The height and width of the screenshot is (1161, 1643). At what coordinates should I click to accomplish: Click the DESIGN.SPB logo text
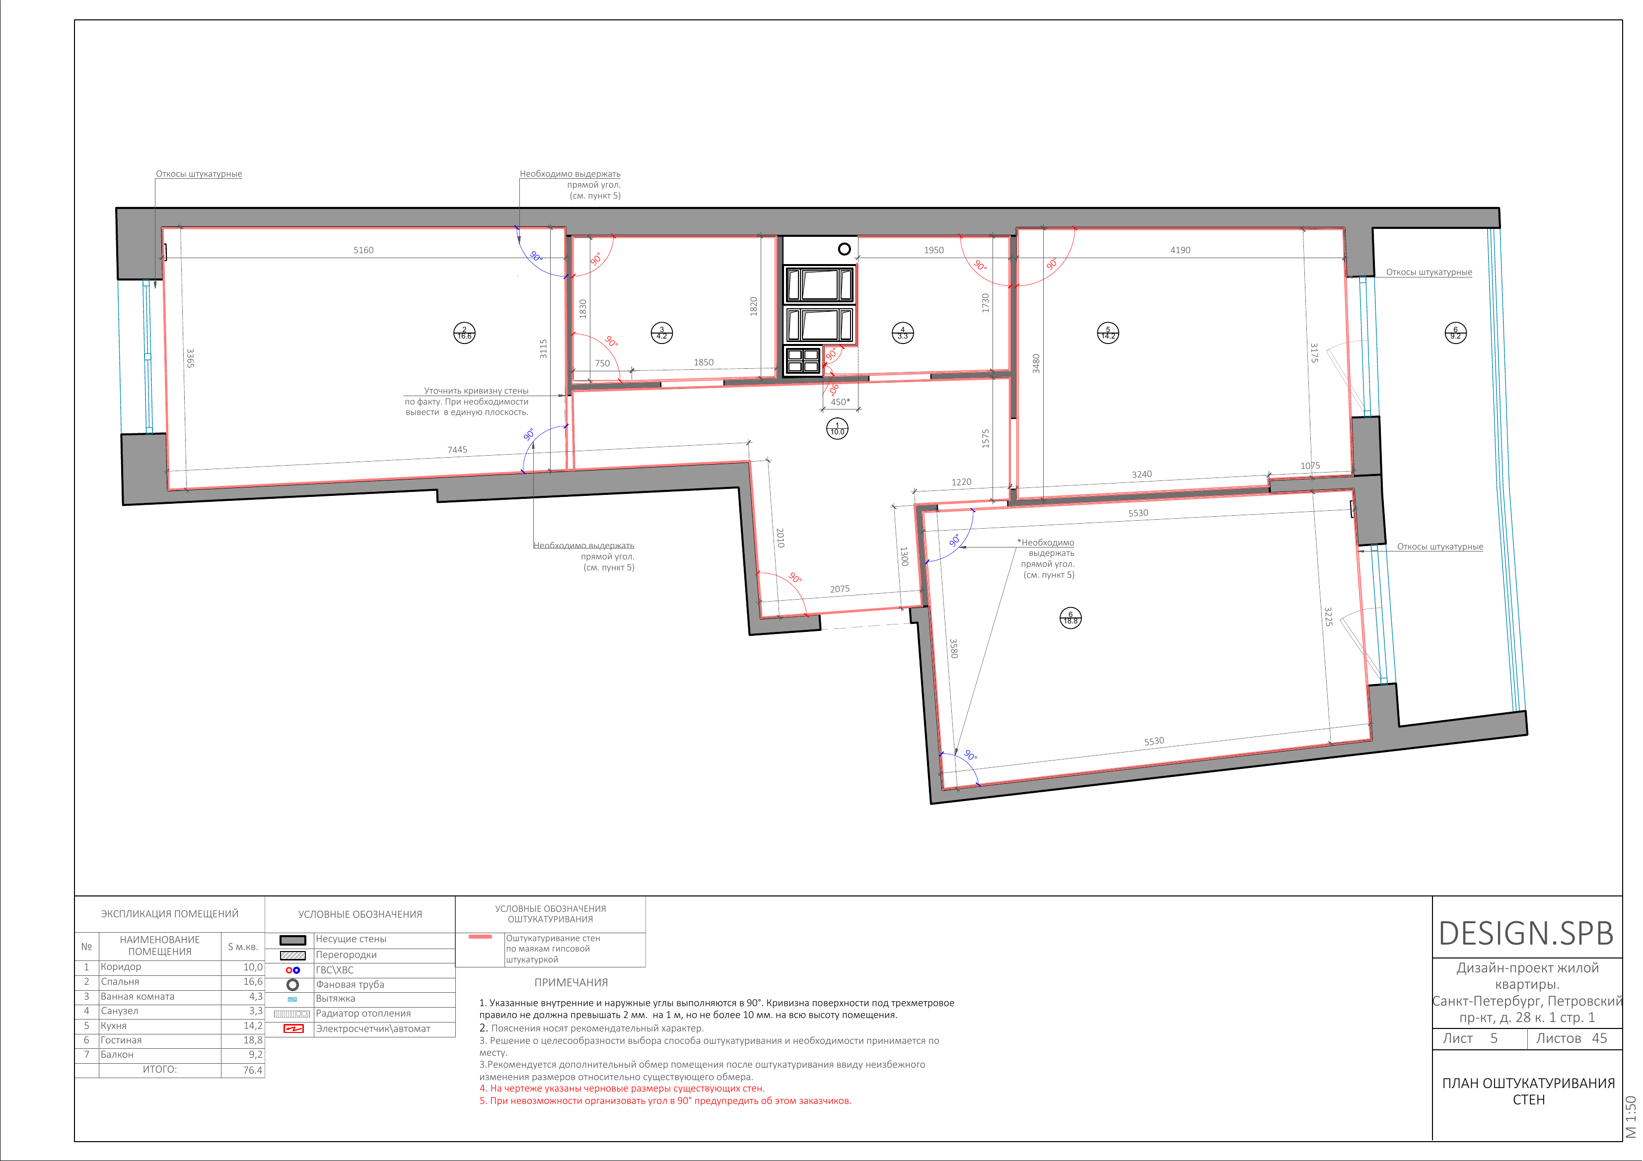point(1526,934)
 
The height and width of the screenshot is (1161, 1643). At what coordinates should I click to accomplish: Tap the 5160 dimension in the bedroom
point(363,250)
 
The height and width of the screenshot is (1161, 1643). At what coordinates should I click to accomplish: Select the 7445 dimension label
point(457,450)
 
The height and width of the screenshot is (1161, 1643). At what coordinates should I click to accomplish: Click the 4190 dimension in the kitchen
point(1180,250)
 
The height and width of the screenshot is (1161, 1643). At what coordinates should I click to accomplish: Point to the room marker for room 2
point(464,333)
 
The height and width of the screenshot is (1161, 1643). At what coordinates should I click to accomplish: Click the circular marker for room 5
point(1108,333)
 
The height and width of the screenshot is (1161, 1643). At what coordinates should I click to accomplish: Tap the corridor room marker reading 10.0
point(837,428)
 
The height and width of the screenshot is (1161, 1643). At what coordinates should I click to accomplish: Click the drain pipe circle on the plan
point(845,249)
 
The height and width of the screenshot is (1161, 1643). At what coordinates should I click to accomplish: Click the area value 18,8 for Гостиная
point(253,1040)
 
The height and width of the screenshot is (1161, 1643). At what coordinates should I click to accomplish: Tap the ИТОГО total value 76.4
point(253,1070)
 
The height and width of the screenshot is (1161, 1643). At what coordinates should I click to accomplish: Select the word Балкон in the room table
point(117,1054)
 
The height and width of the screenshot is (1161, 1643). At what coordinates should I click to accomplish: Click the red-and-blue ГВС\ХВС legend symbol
point(292,970)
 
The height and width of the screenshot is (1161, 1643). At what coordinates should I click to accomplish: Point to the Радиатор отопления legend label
point(363,1014)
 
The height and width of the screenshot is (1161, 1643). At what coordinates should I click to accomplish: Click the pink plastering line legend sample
point(480,936)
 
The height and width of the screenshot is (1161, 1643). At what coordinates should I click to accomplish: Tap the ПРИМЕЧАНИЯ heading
point(571,983)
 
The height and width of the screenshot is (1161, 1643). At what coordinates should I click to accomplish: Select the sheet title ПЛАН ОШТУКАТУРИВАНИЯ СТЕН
point(1528,1092)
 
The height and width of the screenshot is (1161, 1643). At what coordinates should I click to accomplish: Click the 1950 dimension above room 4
point(934,250)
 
